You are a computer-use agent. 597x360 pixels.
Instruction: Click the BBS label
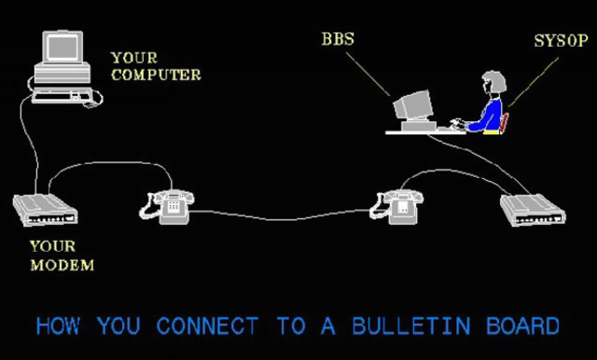click(x=337, y=40)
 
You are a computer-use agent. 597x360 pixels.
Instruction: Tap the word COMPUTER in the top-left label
click(x=156, y=75)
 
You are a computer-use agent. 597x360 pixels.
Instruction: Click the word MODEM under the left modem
click(x=62, y=265)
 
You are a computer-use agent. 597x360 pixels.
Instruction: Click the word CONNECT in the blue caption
click(x=207, y=326)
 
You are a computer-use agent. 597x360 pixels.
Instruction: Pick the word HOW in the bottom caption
click(x=58, y=326)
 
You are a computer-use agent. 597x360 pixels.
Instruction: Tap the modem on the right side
click(x=533, y=210)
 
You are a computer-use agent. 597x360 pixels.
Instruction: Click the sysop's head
click(x=493, y=84)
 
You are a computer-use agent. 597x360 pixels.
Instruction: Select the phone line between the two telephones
click(x=280, y=218)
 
